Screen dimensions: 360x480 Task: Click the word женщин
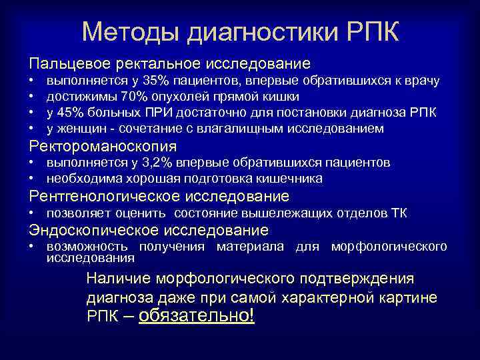pyautogui.click(x=83, y=128)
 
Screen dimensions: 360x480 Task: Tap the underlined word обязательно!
pyautogui.click(x=197, y=315)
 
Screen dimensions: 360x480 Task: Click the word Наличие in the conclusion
pyautogui.click(x=117, y=277)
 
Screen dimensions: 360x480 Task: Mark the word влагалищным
pyautogui.click(x=237, y=128)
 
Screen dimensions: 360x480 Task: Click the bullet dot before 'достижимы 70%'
pyautogui.click(x=31, y=97)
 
